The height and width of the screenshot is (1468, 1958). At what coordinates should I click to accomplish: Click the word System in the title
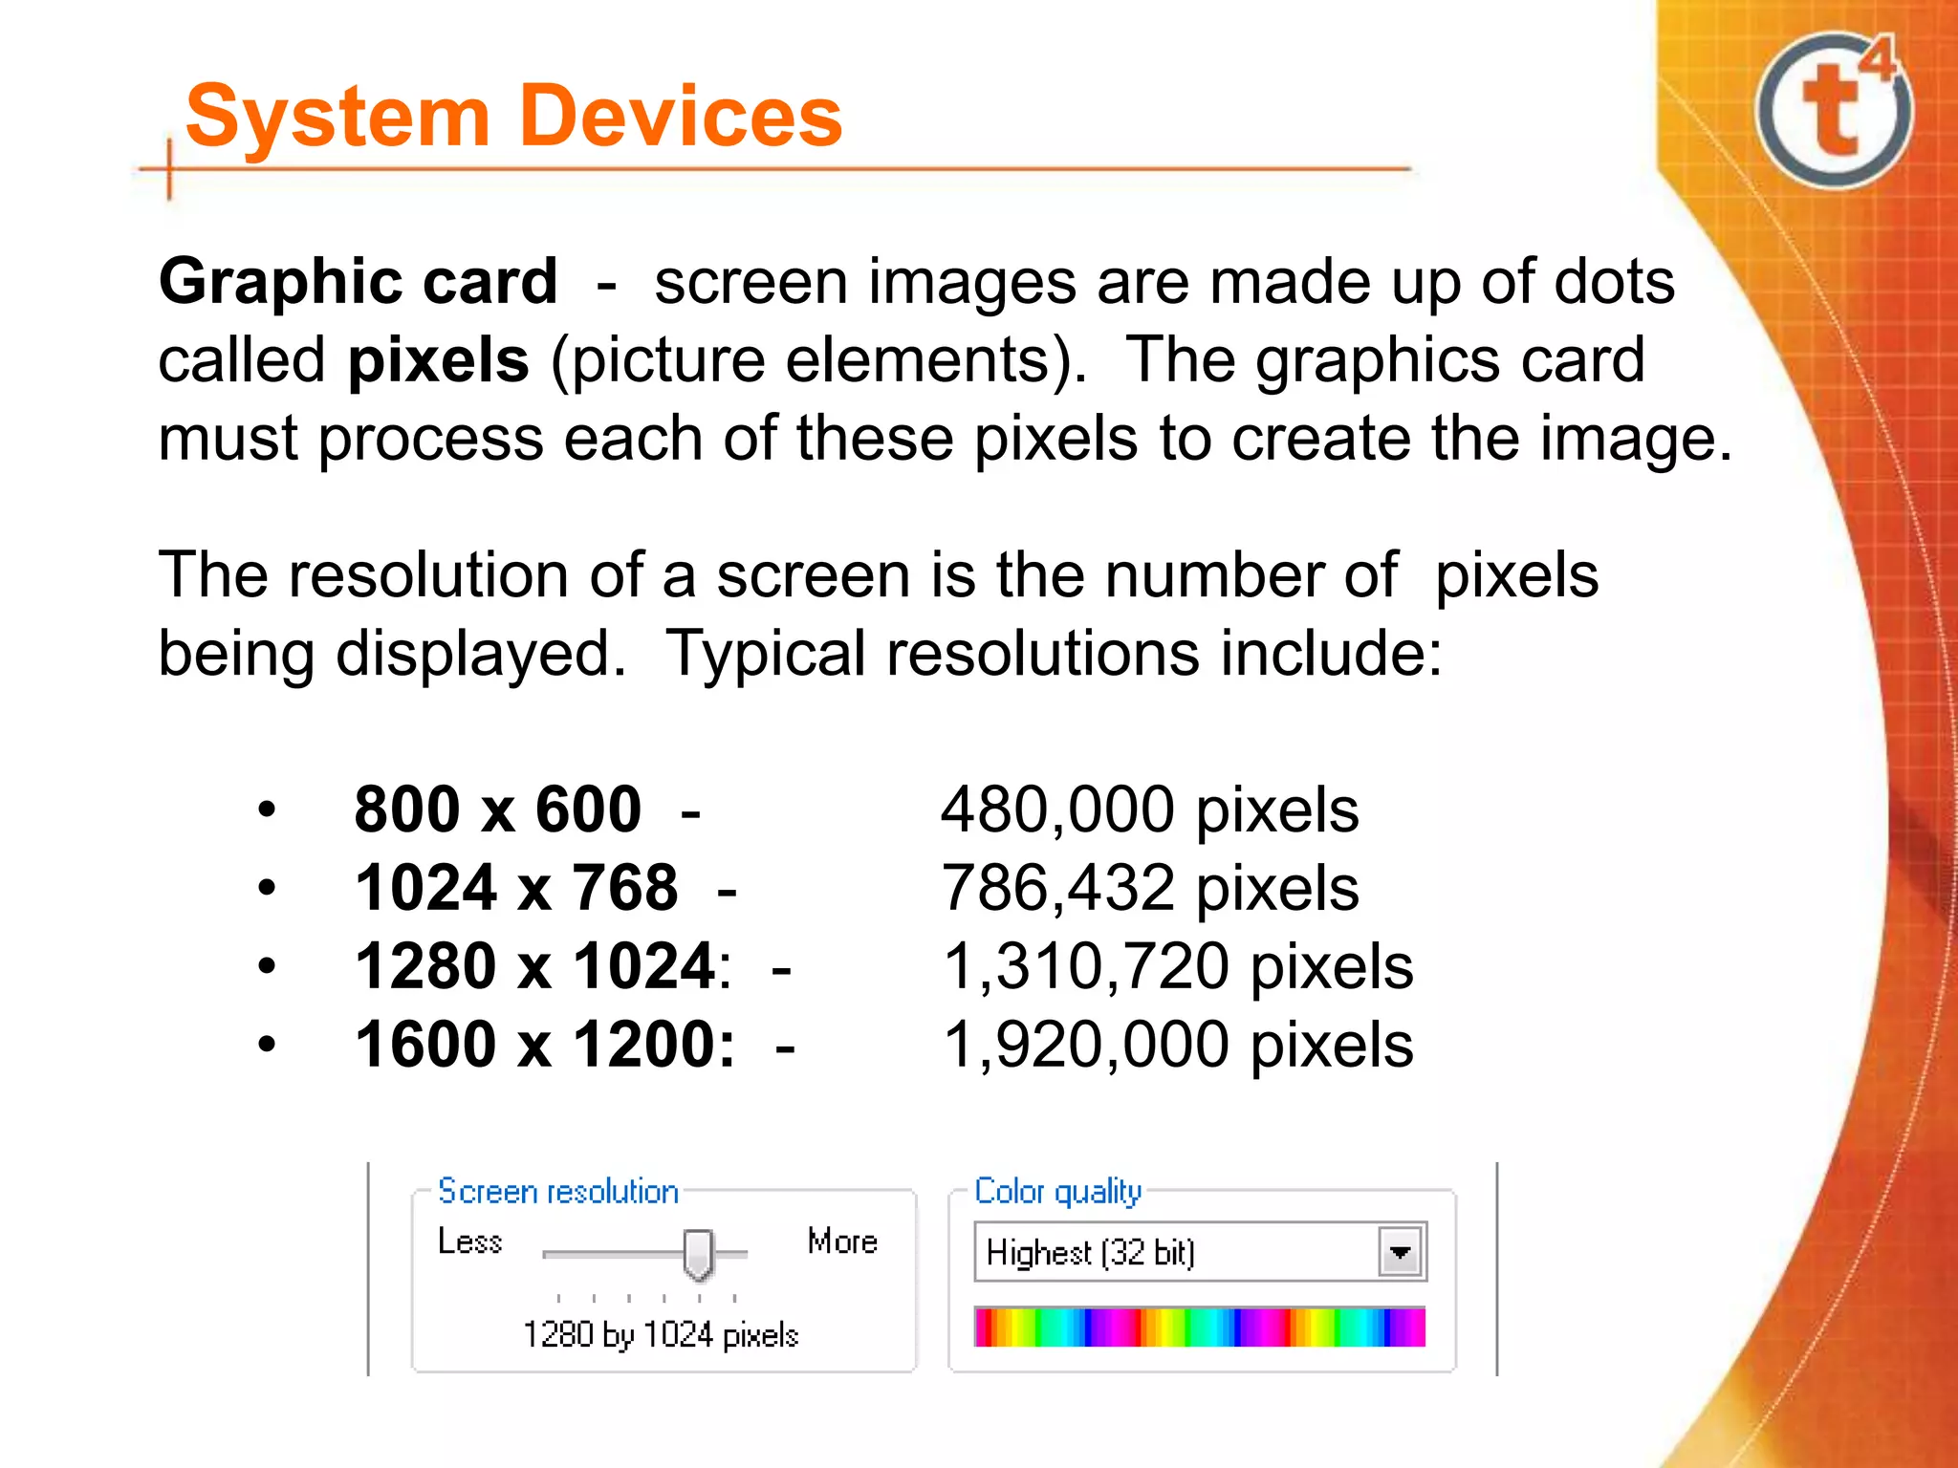coord(337,117)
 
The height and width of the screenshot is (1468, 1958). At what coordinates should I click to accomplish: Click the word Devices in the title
coord(682,117)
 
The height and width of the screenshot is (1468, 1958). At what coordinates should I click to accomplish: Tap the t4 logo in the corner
coord(1834,110)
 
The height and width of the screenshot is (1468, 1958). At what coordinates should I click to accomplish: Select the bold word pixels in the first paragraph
coord(438,361)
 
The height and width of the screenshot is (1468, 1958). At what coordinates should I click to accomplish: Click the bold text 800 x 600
coord(497,810)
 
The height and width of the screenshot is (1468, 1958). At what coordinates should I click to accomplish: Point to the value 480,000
coord(1057,810)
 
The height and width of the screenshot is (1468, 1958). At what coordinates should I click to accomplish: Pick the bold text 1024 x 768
coord(516,888)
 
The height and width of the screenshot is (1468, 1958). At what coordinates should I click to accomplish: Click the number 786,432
coord(1057,888)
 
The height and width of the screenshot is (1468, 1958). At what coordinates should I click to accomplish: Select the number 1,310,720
coord(1085,966)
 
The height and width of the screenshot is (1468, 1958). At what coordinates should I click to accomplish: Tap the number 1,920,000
coord(1085,1045)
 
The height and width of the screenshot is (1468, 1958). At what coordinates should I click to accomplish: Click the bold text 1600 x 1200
coord(545,1045)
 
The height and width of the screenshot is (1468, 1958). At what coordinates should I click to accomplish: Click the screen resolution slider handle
coord(699,1254)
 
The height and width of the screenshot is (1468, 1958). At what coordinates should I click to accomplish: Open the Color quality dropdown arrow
coord(1401,1252)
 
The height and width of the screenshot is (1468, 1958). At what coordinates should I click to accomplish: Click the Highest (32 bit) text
coord(1091,1252)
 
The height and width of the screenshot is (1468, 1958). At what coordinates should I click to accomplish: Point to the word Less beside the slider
coord(469,1241)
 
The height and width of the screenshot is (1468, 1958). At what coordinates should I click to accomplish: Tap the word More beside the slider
coord(842,1241)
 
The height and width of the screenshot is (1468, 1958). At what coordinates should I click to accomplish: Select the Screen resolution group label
coord(558,1192)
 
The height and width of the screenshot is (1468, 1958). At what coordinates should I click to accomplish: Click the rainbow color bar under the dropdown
coord(1200,1328)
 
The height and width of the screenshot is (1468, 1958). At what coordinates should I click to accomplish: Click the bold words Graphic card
coord(359,282)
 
